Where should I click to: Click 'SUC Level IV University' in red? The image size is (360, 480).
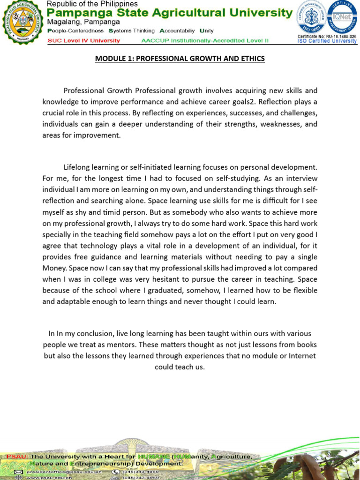(x=84, y=40)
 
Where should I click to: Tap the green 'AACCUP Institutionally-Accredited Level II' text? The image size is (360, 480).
(x=205, y=40)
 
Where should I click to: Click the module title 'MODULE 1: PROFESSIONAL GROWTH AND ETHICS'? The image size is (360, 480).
(x=180, y=59)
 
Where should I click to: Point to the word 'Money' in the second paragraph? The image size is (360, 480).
(x=55, y=268)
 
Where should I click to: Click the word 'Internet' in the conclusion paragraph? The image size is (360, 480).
(x=302, y=356)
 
